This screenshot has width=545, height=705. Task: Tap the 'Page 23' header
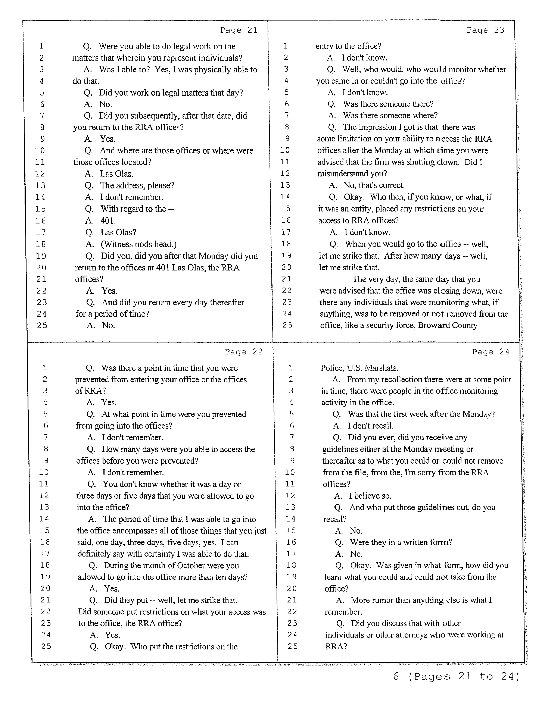click(x=485, y=30)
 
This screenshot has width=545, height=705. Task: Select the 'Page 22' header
click(x=244, y=352)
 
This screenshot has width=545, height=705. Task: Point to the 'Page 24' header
click(x=490, y=352)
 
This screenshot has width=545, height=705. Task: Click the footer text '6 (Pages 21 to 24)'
click(x=456, y=676)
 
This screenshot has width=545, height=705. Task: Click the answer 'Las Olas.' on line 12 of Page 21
click(x=116, y=174)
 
